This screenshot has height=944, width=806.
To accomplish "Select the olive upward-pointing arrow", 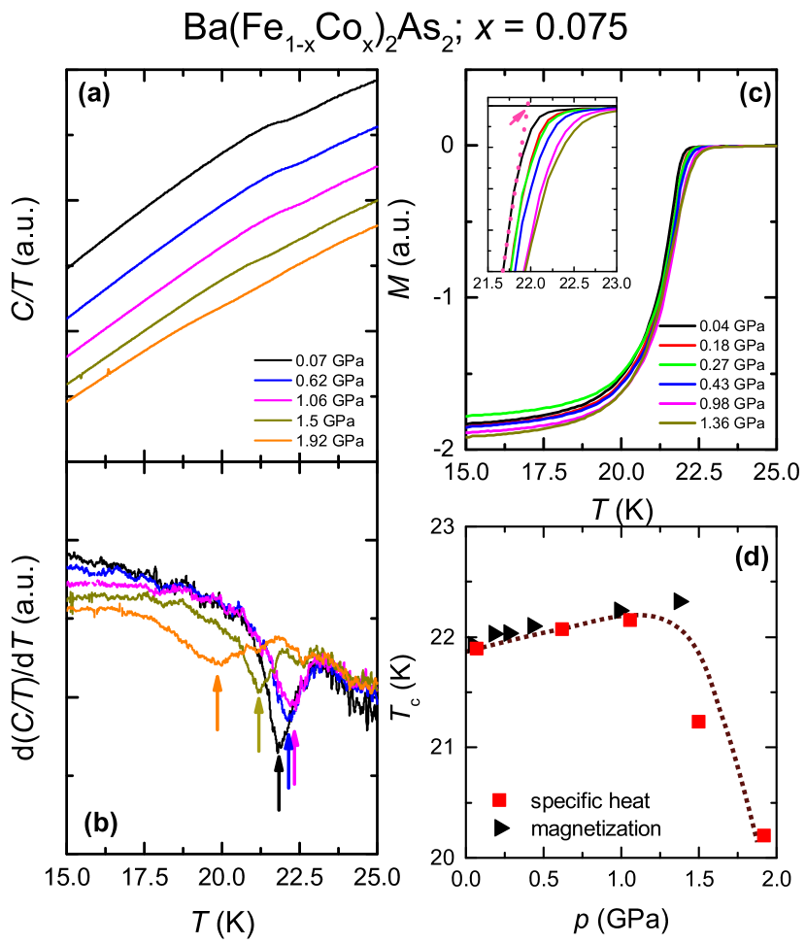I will [258, 725].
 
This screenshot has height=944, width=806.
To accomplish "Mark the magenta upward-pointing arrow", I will [294, 758].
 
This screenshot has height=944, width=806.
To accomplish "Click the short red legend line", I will [677, 344].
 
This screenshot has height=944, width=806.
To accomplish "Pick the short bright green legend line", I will [677, 364].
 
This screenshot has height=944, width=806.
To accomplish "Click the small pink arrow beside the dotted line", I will [518, 118].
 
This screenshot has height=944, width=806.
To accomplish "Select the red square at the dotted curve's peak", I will [629, 620].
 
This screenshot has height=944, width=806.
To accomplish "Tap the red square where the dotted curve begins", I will [476, 648].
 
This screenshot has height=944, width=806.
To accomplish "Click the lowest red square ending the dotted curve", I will [763, 835].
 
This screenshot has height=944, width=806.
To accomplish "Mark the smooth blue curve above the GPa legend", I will [223, 204].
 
